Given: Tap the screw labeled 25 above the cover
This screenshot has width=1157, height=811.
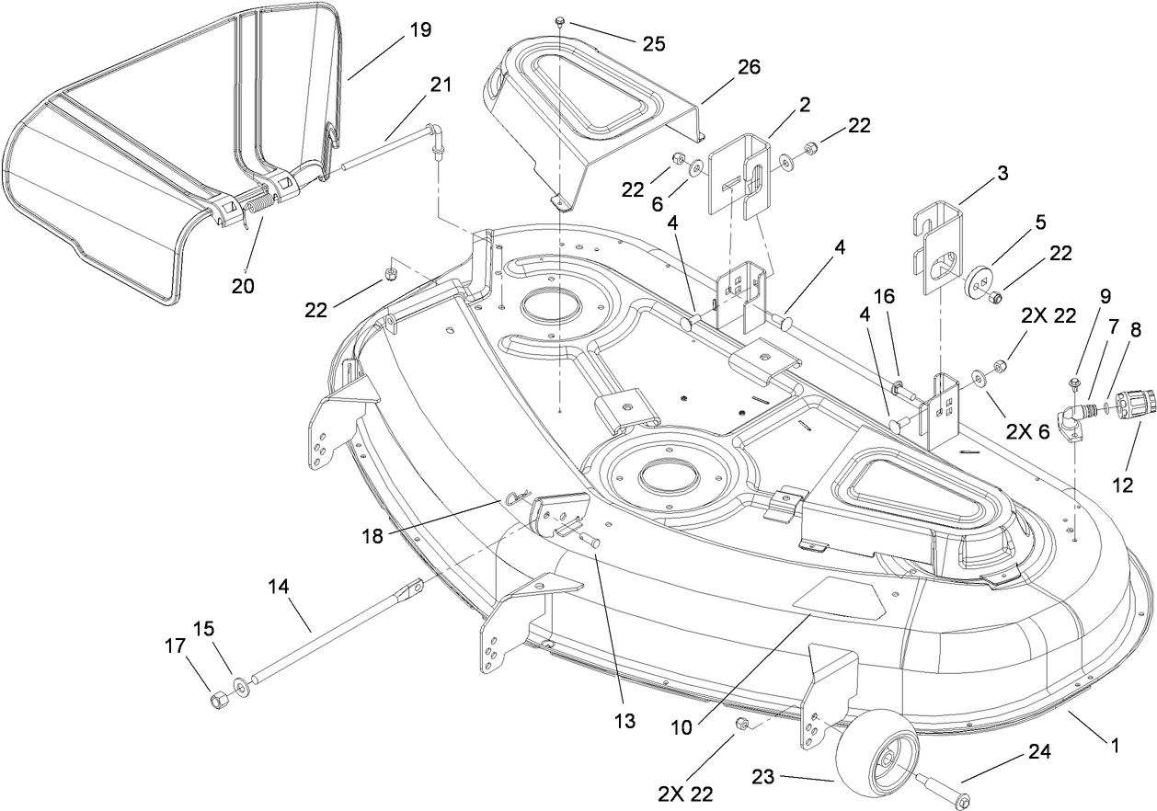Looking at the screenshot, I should tap(560, 20).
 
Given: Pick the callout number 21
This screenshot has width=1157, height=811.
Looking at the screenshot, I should tap(441, 85).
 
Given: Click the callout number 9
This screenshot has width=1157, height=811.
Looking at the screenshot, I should tap(1105, 295).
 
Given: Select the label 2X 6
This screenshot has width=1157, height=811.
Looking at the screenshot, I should tap(1027, 429).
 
